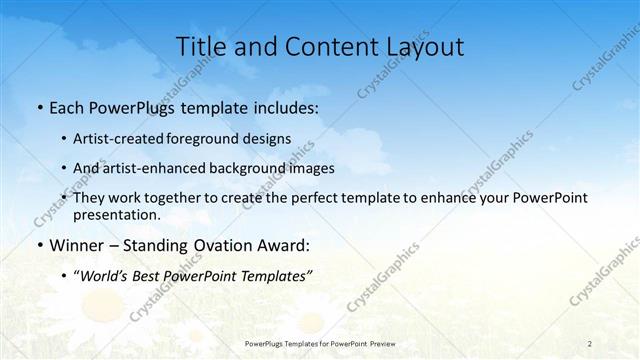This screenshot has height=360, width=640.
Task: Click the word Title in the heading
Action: pos(199,46)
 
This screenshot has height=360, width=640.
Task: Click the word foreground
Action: pos(215,139)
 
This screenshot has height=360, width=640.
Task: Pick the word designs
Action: pos(270,139)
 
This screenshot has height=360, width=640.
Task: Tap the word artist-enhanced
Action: pos(154,169)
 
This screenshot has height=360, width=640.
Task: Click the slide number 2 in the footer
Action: pos(590,341)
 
